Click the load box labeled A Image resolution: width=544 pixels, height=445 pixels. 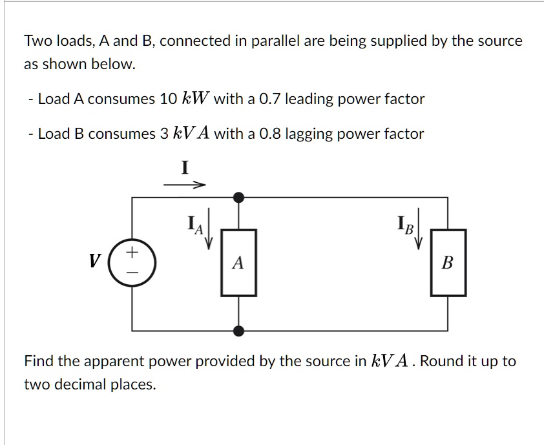click(x=238, y=263)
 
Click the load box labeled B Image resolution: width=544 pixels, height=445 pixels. click(x=448, y=263)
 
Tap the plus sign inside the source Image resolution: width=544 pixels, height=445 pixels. click(x=132, y=253)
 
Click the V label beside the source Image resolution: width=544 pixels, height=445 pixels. click(x=95, y=262)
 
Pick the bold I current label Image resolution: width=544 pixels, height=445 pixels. click(x=184, y=169)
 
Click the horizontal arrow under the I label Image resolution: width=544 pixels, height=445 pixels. click(x=184, y=185)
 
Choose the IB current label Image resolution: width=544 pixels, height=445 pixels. click(x=406, y=226)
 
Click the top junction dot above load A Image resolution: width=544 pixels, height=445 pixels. click(x=238, y=197)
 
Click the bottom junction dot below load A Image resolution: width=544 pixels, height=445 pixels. click(x=238, y=331)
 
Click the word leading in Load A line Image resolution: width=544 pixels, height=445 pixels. click(x=309, y=99)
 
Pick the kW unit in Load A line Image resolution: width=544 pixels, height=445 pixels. click(x=195, y=99)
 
